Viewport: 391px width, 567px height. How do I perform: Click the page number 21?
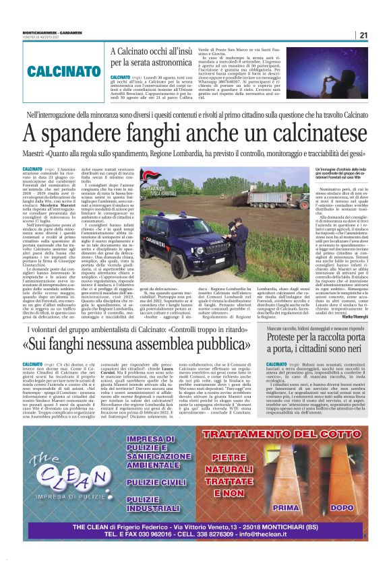(363, 36)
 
